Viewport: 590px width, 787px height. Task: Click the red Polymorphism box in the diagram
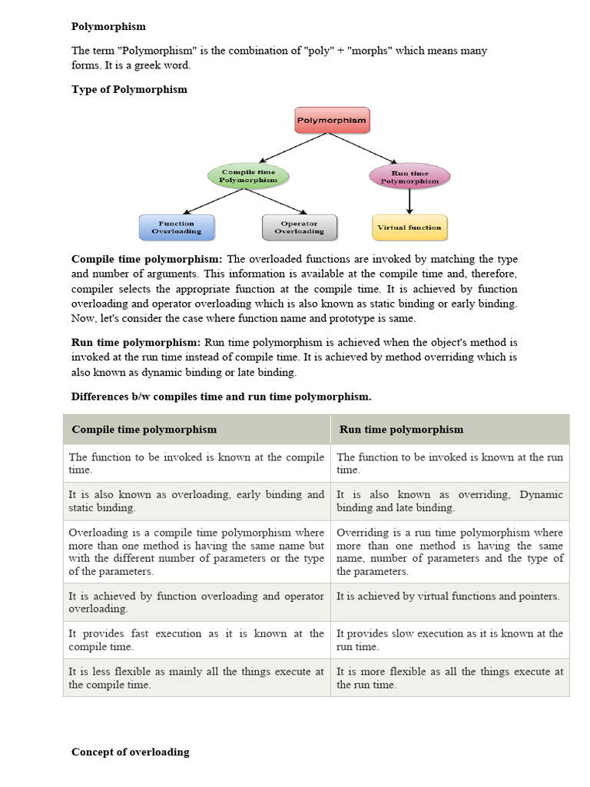331,121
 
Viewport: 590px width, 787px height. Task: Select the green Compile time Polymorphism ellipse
248,176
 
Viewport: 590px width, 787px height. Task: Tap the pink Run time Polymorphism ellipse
409,178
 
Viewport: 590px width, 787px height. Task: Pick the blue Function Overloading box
177,227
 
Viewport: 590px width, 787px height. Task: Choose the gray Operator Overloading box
299,227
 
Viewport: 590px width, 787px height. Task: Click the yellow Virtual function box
409,227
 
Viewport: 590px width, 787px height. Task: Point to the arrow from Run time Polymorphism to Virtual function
409,201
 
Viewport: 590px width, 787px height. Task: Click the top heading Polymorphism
108,26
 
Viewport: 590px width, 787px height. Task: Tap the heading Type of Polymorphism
129,89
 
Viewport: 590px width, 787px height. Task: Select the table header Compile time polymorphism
144,429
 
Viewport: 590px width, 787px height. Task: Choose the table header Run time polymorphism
401,429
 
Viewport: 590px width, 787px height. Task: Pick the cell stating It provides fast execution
196,640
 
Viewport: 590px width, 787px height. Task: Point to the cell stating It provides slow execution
449,640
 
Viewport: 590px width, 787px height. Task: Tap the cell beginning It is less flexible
196,678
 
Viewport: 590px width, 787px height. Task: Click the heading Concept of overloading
130,752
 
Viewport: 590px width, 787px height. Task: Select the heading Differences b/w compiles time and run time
221,397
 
